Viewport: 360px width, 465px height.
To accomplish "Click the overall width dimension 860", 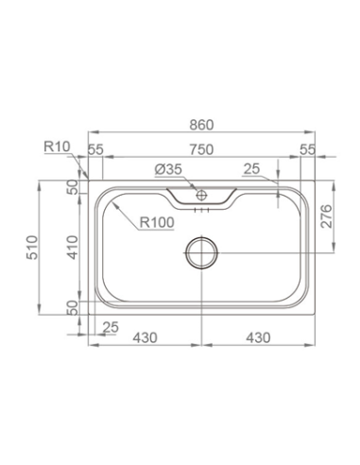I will pos(201,124).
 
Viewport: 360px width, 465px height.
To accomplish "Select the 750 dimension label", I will pos(201,150).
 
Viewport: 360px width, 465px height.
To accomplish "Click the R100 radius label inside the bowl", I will pos(153,224).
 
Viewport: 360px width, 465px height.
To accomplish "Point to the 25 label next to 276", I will pos(250,170).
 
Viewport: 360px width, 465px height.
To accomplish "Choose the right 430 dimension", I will pos(256,337).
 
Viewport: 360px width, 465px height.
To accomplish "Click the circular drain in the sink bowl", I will pos(201,252).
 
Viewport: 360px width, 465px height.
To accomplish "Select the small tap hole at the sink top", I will pos(201,198).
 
